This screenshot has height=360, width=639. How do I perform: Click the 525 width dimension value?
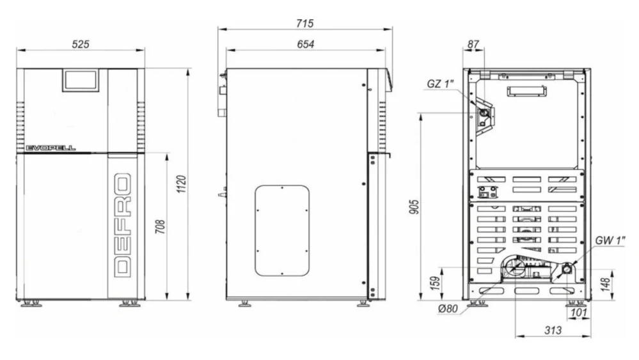[x=81, y=44]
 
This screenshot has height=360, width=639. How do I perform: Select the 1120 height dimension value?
[x=182, y=184]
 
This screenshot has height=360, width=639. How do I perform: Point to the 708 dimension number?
[x=161, y=227]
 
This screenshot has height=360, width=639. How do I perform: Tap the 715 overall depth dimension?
[x=305, y=24]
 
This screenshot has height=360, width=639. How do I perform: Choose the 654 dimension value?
[x=306, y=44]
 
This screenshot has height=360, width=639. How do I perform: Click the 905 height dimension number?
[x=414, y=207]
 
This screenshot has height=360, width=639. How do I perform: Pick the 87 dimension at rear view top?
[x=473, y=44]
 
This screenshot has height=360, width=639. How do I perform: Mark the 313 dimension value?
[x=553, y=331]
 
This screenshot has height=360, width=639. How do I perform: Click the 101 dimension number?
[x=579, y=313]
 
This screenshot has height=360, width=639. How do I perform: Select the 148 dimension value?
[x=605, y=284]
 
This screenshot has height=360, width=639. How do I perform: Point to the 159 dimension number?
[x=436, y=283]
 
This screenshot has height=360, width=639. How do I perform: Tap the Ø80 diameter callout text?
[x=448, y=309]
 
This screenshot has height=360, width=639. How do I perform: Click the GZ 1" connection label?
[x=440, y=84]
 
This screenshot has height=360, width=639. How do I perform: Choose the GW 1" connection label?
[x=610, y=240]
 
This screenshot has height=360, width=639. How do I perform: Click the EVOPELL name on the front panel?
[x=51, y=148]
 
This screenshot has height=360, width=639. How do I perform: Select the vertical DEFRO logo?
[x=123, y=225]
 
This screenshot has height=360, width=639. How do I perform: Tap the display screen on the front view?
[x=81, y=80]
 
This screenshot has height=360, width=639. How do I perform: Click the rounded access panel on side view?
[x=282, y=230]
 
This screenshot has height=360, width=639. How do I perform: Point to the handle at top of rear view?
[x=526, y=91]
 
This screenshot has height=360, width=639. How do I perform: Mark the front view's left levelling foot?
[x=31, y=303]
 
